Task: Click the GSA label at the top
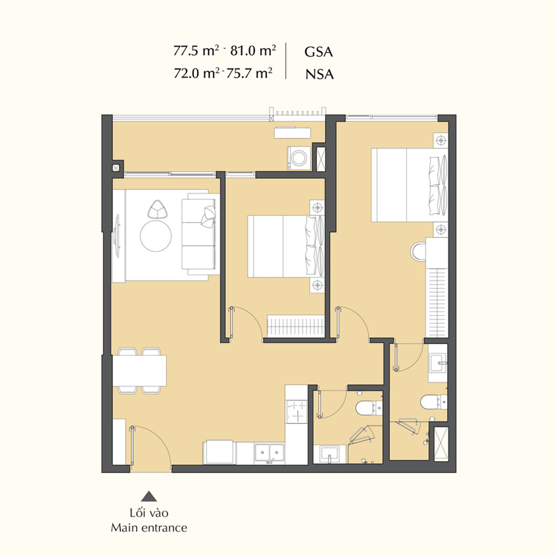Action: pyautogui.click(x=319, y=52)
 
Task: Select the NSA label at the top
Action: pyautogui.click(x=320, y=74)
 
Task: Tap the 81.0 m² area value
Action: pyautogui.click(x=253, y=50)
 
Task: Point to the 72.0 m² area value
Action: pyautogui.click(x=196, y=73)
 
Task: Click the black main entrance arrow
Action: pyautogui.click(x=149, y=496)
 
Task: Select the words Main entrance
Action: pyautogui.click(x=149, y=528)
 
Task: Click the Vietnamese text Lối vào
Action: pyautogui.click(x=149, y=513)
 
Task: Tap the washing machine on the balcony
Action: pyautogui.click(x=299, y=158)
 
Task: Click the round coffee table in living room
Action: pyautogui.click(x=156, y=236)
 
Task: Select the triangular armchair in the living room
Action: pyautogui.click(x=158, y=209)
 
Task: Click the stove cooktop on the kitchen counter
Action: pyautogui.click(x=297, y=411)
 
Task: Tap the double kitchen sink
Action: pyautogui.click(x=269, y=452)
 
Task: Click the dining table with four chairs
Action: pyautogui.click(x=140, y=371)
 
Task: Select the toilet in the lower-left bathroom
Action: pyautogui.click(x=369, y=408)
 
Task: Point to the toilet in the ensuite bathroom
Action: pyautogui.click(x=434, y=402)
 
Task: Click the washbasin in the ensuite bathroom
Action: pyautogui.click(x=438, y=363)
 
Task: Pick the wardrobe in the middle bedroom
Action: pyautogui.click(x=295, y=325)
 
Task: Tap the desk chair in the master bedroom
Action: pyautogui.click(x=418, y=251)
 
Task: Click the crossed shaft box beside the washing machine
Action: pyautogui.click(x=320, y=158)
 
